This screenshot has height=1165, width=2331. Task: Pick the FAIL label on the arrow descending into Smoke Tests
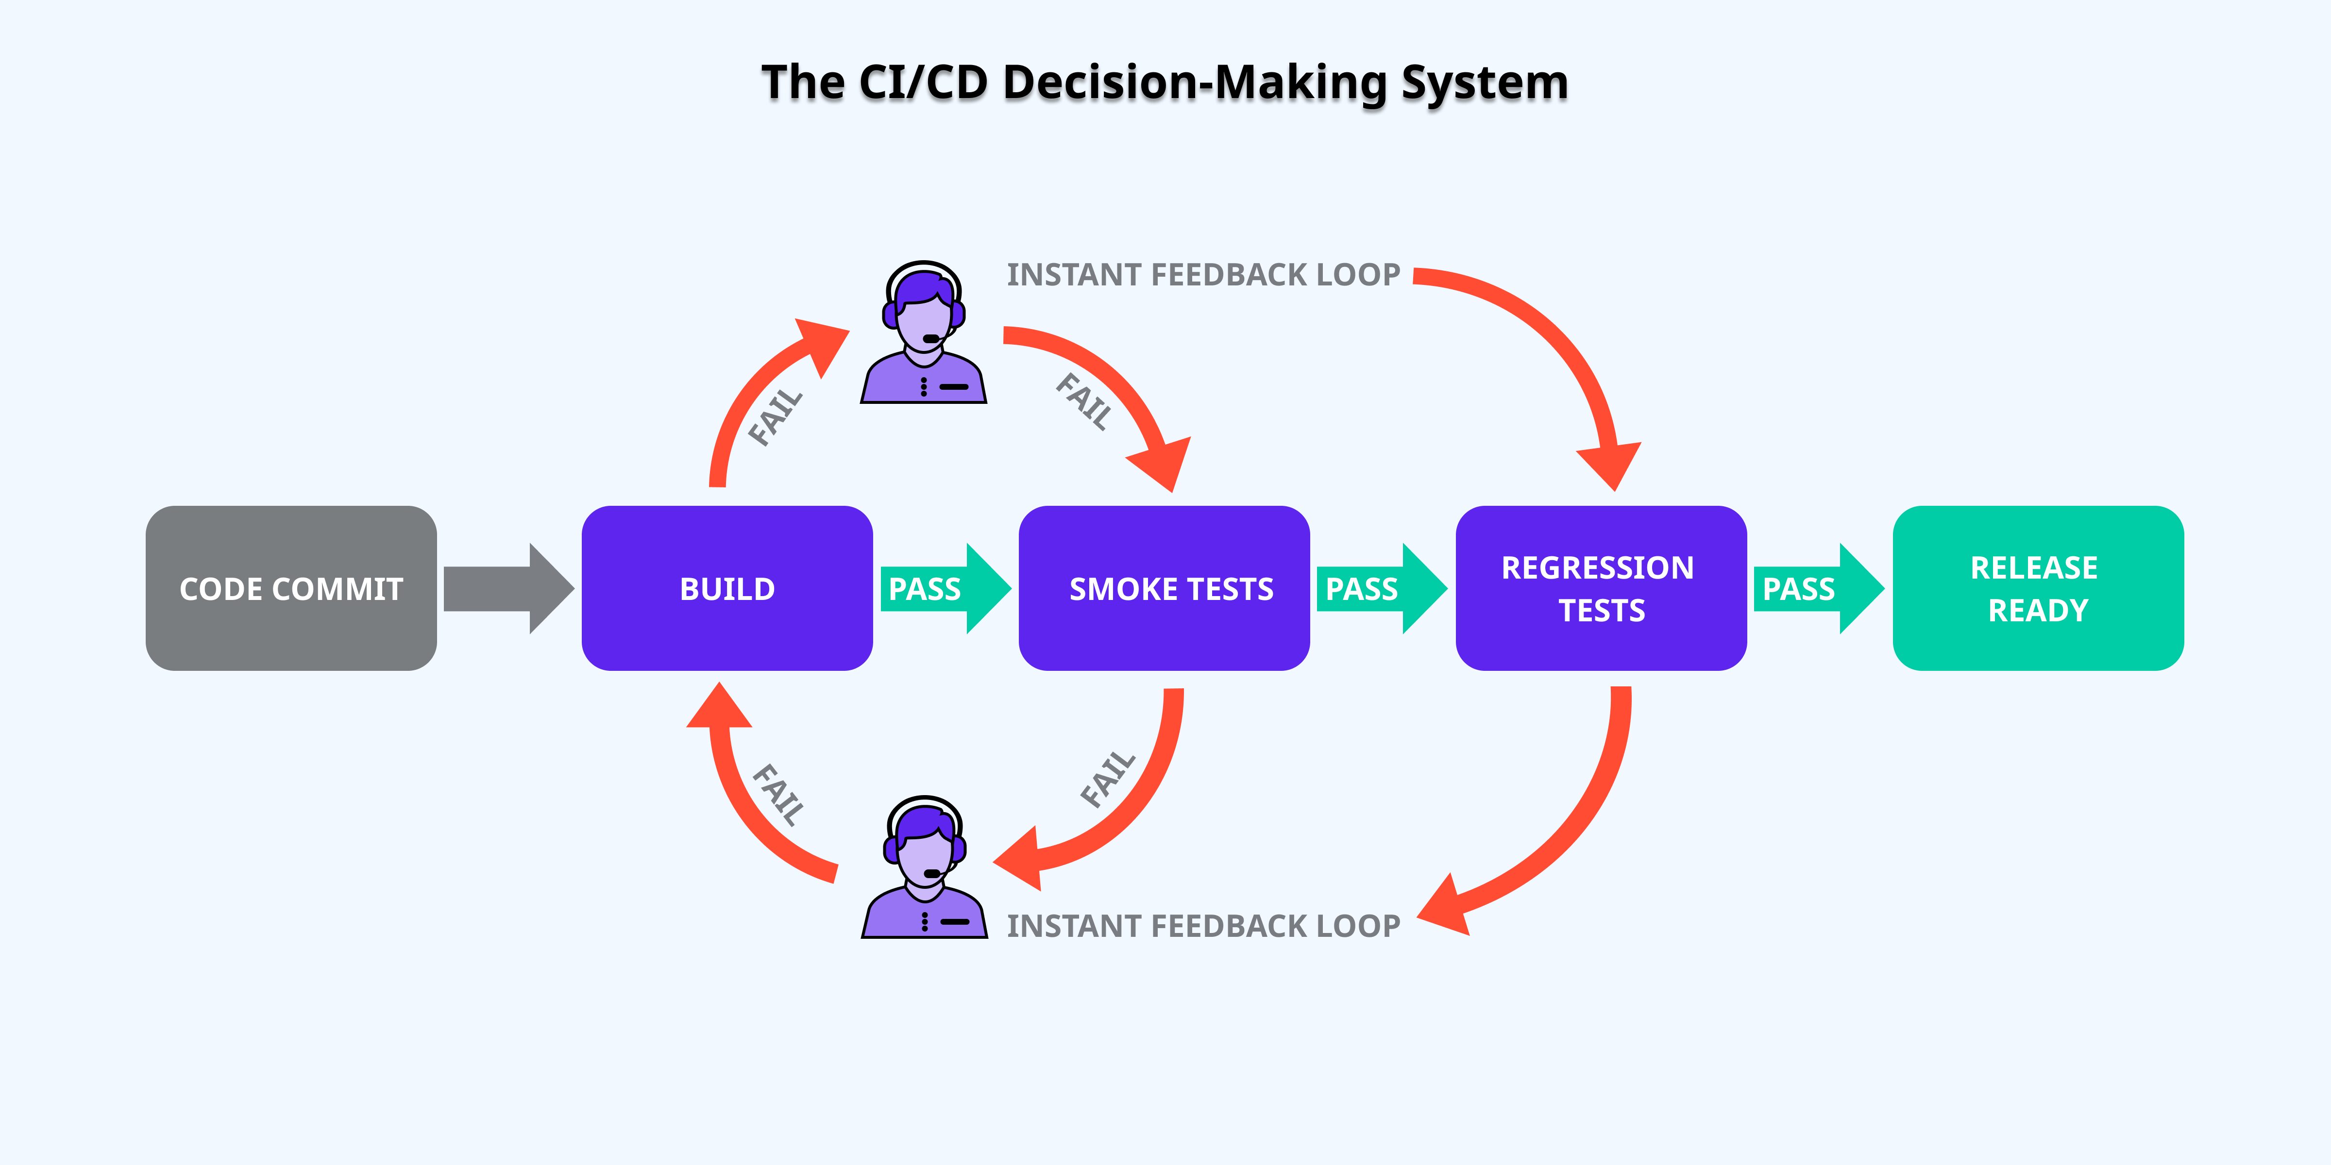pyautogui.click(x=1084, y=400)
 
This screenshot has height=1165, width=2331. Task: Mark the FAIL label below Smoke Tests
pyautogui.click(x=1108, y=778)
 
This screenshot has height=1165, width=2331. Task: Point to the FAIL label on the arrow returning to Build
pyautogui.click(x=778, y=794)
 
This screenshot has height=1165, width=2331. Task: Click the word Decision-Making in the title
pyautogui.click(x=1195, y=83)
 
